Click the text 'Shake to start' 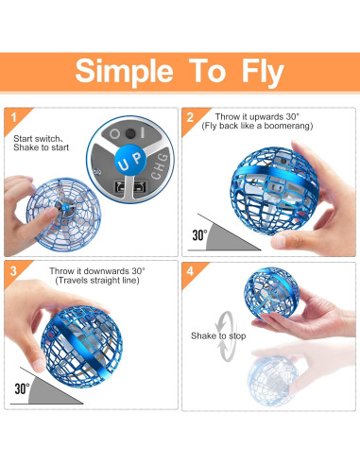click(39, 147)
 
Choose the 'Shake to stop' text click(219, 335)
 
